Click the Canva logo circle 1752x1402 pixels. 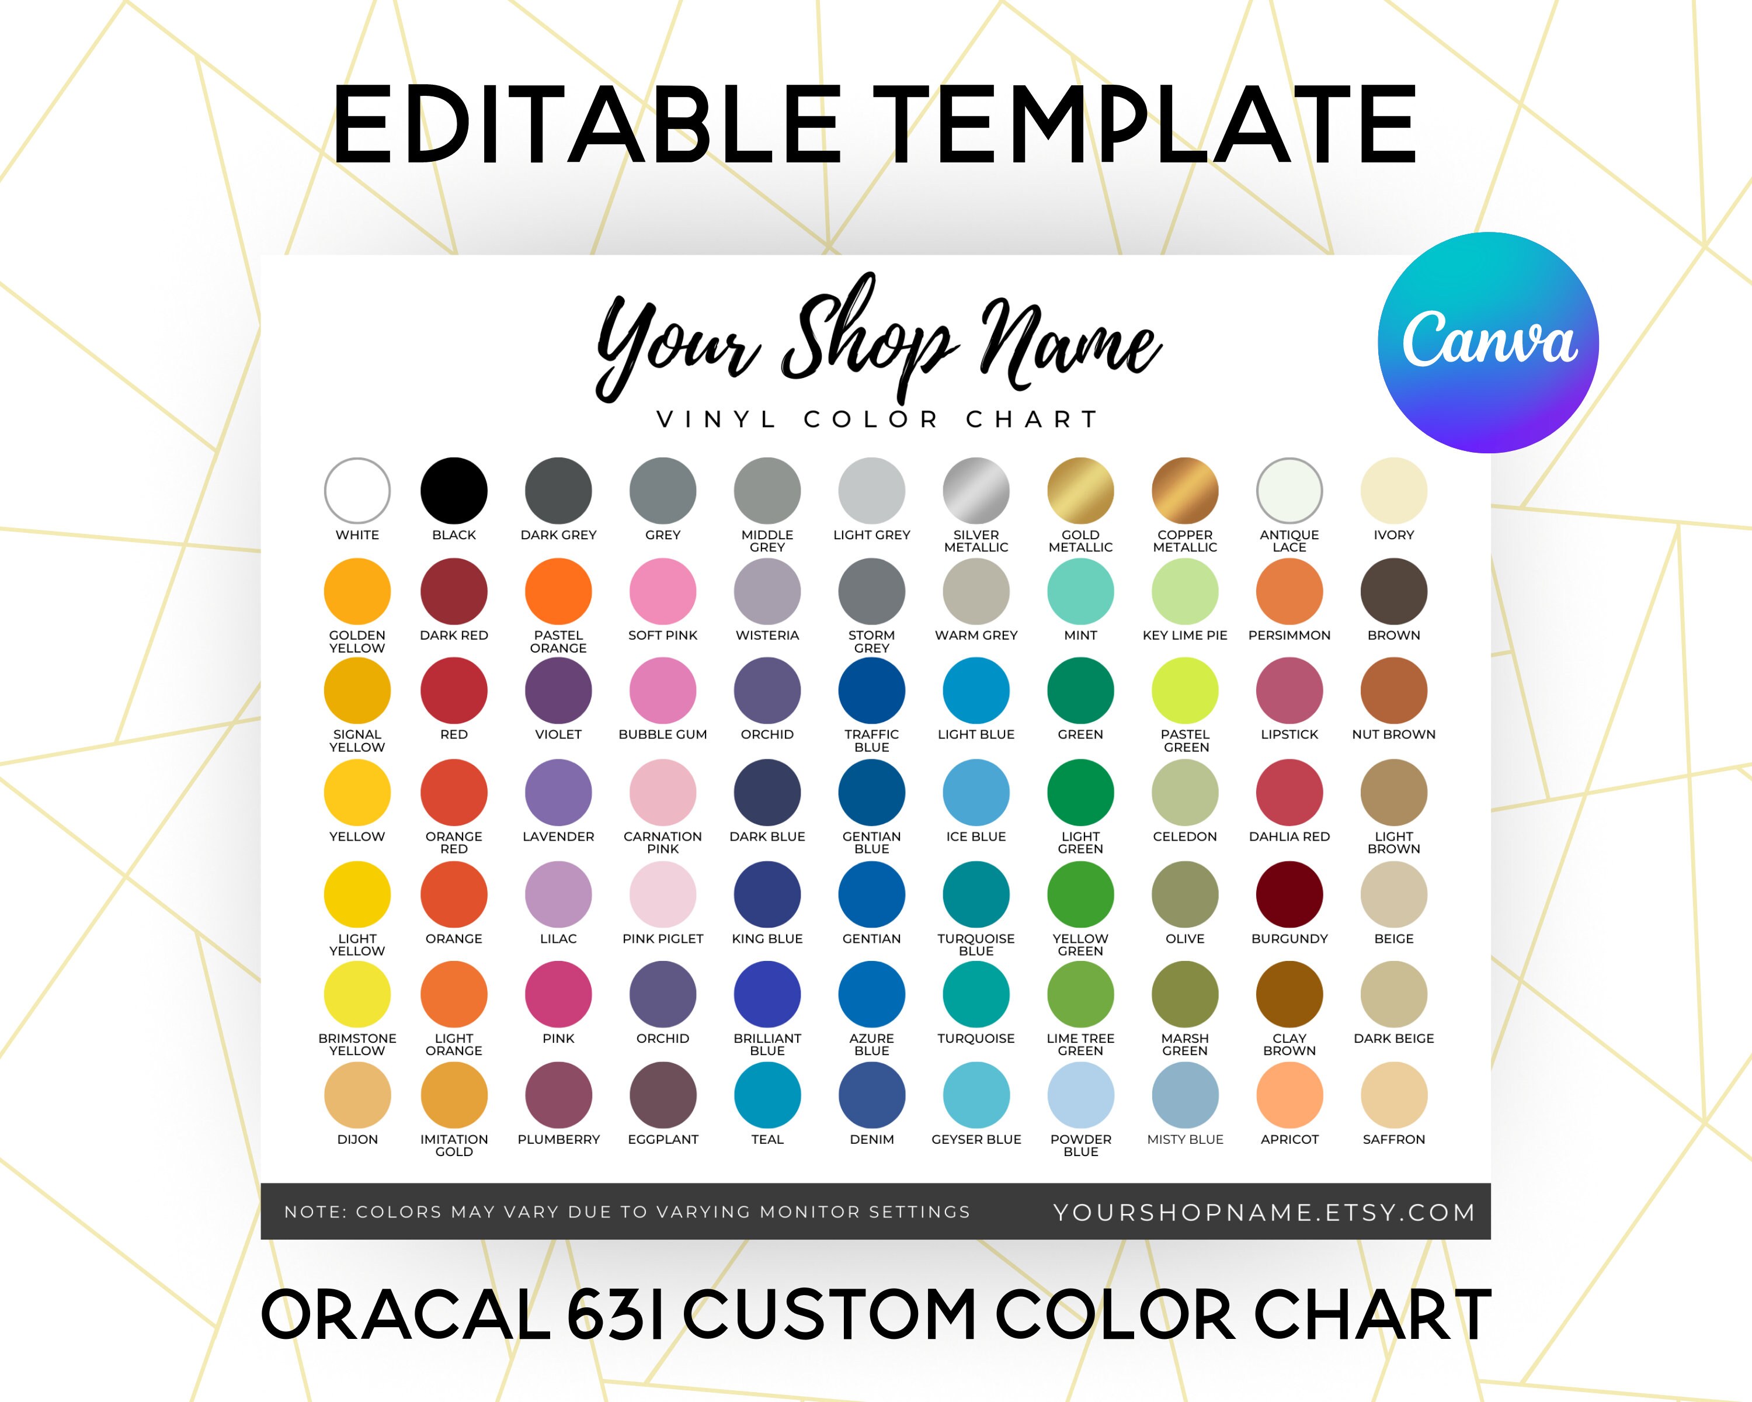pyautogui.click(x=1488, y=343)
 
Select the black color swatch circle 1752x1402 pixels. pyautogui.click(x=453, y=491)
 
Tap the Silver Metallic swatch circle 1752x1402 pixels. pyautogui.click(x=976, y=491)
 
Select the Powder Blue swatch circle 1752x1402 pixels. pyautogui.click(x=1080, y=1095)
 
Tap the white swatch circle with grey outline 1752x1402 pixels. pyautogui.click(x=357, y=491)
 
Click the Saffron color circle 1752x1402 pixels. pyautogui.click(x=1393, y=1095)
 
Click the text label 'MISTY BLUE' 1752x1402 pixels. pyautogui.click(x=1185, y=1140)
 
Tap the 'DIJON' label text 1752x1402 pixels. pyautogui.click(x=357, y=1140)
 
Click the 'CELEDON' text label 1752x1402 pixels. pyautogui.click(x=1185, y=837)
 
